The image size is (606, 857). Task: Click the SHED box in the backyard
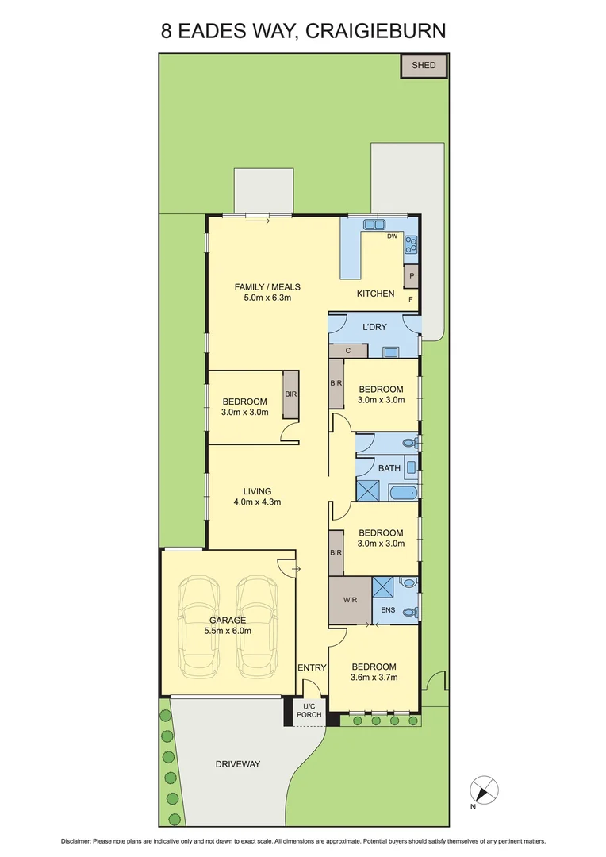(x=424, y=65)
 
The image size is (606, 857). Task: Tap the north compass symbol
(x=484, y=790)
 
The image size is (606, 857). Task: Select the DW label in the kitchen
(x=392, y=236)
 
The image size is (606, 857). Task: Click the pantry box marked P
(x=411, y=276)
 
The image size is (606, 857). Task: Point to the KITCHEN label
(x=375, y=294)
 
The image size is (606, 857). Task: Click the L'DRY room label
(x=374, y=327)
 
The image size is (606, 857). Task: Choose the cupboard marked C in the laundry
(x=348, y=350)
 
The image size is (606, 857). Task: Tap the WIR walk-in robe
(x=350, y=600)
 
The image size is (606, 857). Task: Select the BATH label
(x=389, y=468)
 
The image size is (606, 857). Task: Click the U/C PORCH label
(x=309, y=711)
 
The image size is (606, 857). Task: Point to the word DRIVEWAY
(x=238, y=764)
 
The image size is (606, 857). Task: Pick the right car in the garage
(x=255, y=627)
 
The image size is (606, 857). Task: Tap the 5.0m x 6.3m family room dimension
(x=267, y=299)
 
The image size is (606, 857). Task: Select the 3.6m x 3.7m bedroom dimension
(x=374, y=678)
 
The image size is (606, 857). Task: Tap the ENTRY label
(x=312, y=667)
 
